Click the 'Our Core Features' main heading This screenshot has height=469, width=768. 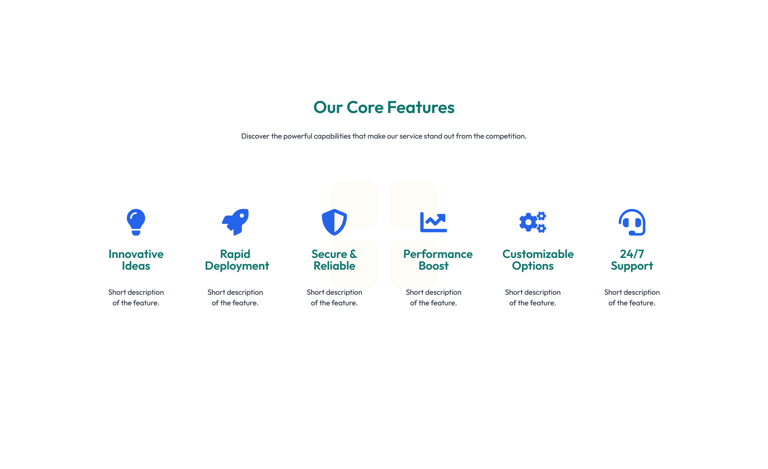tap(384, 107)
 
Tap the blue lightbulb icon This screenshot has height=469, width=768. tap(136, 222)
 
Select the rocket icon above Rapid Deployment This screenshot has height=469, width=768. tap(235, 222)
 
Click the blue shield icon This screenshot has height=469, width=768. tap(334, 222)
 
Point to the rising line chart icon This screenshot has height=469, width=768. tap(433, 222)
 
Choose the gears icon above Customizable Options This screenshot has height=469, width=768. tap(532, 222)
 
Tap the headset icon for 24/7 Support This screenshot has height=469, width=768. tap(632, 222)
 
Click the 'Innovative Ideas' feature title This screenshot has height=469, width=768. tap(136, 260)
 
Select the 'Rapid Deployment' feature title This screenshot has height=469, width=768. tap(237, 260)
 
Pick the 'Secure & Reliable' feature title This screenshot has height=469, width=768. tap(334, 260)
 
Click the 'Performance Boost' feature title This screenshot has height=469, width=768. tap(438, 260)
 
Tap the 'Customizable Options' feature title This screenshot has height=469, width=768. tap(538, 260)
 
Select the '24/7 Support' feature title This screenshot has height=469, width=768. tap(632, 260)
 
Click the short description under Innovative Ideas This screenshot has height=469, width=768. tap(136, 297)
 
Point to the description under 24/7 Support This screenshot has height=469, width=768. tap(632, 297)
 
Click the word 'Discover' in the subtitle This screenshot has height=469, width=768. tap(255, 136)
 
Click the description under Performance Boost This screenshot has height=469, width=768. tap(433, 297)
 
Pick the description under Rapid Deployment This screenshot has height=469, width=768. tap(235, 297)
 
